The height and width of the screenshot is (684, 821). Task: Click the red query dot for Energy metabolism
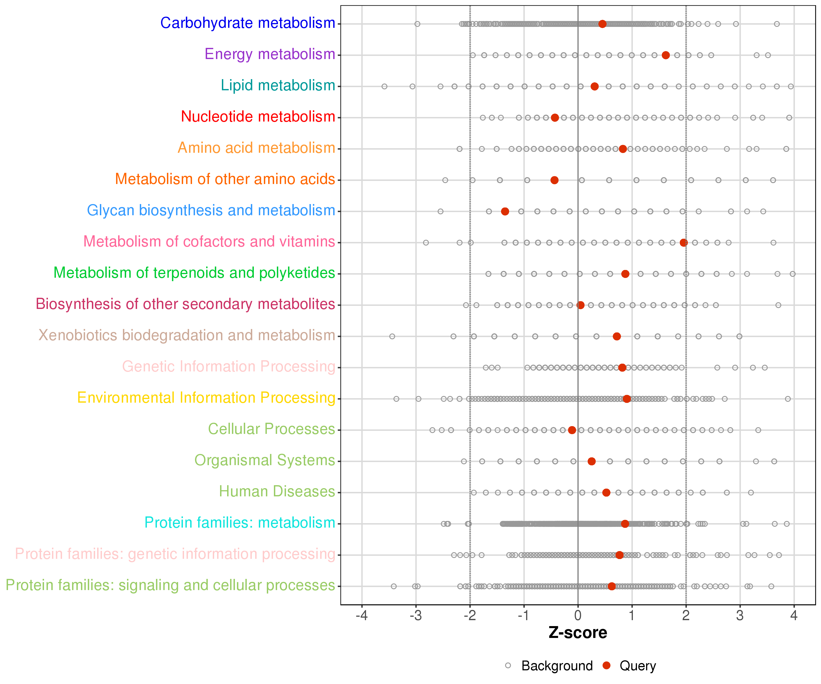coord(666,55)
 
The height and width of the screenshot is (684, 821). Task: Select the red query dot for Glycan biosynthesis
coord(505,211)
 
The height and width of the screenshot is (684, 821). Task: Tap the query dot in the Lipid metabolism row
coord(595,86)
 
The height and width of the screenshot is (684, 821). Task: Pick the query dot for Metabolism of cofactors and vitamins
coord(684,243)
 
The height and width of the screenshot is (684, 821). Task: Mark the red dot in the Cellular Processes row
coord(572,430)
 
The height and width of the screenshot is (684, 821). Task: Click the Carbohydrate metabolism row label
coord(248,23)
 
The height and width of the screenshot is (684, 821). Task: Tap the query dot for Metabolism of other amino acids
coord(554,180)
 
